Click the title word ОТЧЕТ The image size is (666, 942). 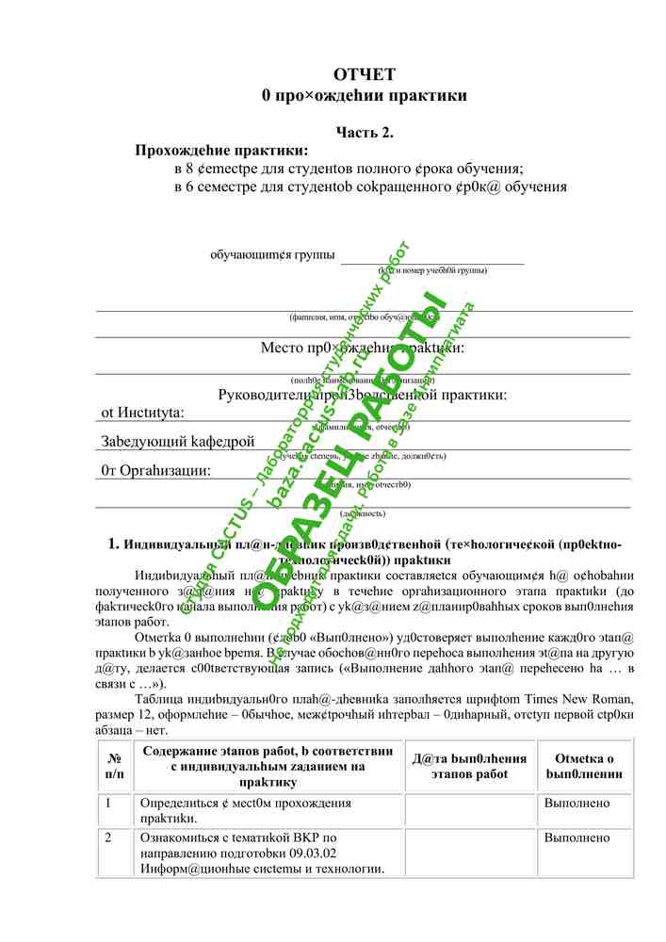pyautogui.click(x=364, y=74)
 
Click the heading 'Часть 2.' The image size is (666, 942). pyautogui.click(x=365, y=133)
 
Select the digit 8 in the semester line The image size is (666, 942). pyautogui.click(x=188, y=169)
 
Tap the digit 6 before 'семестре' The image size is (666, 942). pyautogui.click(x=188, y=187)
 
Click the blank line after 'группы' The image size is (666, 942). pyautogui.click(x=431, y=257)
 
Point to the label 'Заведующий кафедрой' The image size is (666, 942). pyautogui.click(x=178, y=441)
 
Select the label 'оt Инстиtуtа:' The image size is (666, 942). pyautogui.click(x=143, y=413)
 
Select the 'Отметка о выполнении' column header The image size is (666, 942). pyautogui.click(x=584, y=766)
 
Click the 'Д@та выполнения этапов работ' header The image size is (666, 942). pyautogui.click(x=469, y=766)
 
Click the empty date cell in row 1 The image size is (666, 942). pyautogui.click(x=469, y=810)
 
